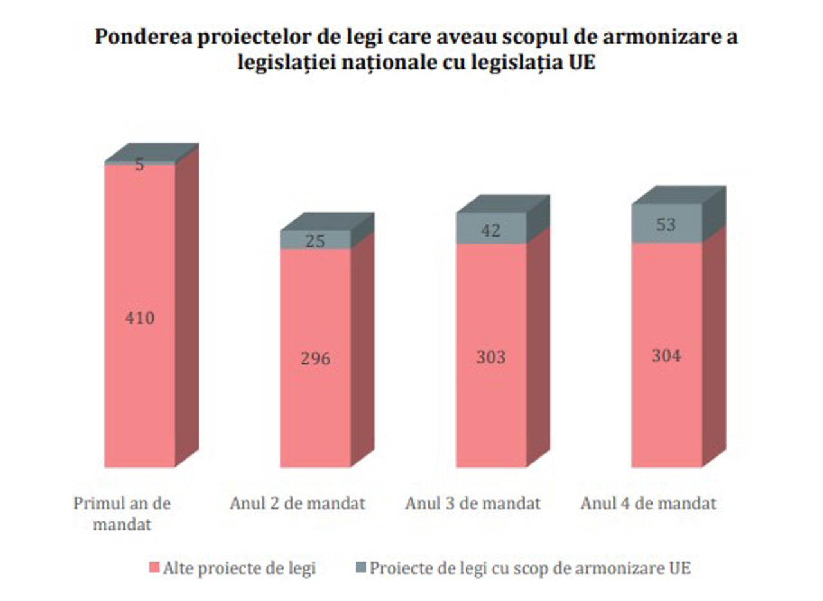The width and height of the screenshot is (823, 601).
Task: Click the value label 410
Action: click(140, 318)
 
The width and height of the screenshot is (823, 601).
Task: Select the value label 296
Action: click(315, 359)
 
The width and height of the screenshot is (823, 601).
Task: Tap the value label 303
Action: click(491, 357)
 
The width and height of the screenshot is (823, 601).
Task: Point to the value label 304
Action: click(666, 355)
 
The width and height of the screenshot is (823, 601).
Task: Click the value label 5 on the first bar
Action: click(140, 165)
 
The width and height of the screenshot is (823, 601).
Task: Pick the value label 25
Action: click(315, 242)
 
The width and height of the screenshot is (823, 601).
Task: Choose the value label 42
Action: click(491, 231)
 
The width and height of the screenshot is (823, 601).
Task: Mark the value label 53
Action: click(666, 225)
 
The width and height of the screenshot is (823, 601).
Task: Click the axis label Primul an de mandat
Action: click(122, 513)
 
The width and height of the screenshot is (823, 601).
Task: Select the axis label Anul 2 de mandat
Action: click(298, 503)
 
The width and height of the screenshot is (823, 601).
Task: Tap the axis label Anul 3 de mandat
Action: click(473, 503)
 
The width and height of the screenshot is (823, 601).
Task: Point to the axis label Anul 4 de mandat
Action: click(648, 503)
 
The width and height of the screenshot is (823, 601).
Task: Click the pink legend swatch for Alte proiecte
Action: click(154, 568)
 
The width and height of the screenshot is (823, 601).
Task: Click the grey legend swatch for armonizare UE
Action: click(360, 568)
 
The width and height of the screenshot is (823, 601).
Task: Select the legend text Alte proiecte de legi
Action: click(239, 568)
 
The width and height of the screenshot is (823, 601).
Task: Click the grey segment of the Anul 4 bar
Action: click(666, 223)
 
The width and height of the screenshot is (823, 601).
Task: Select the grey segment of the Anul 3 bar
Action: click(491, 228)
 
